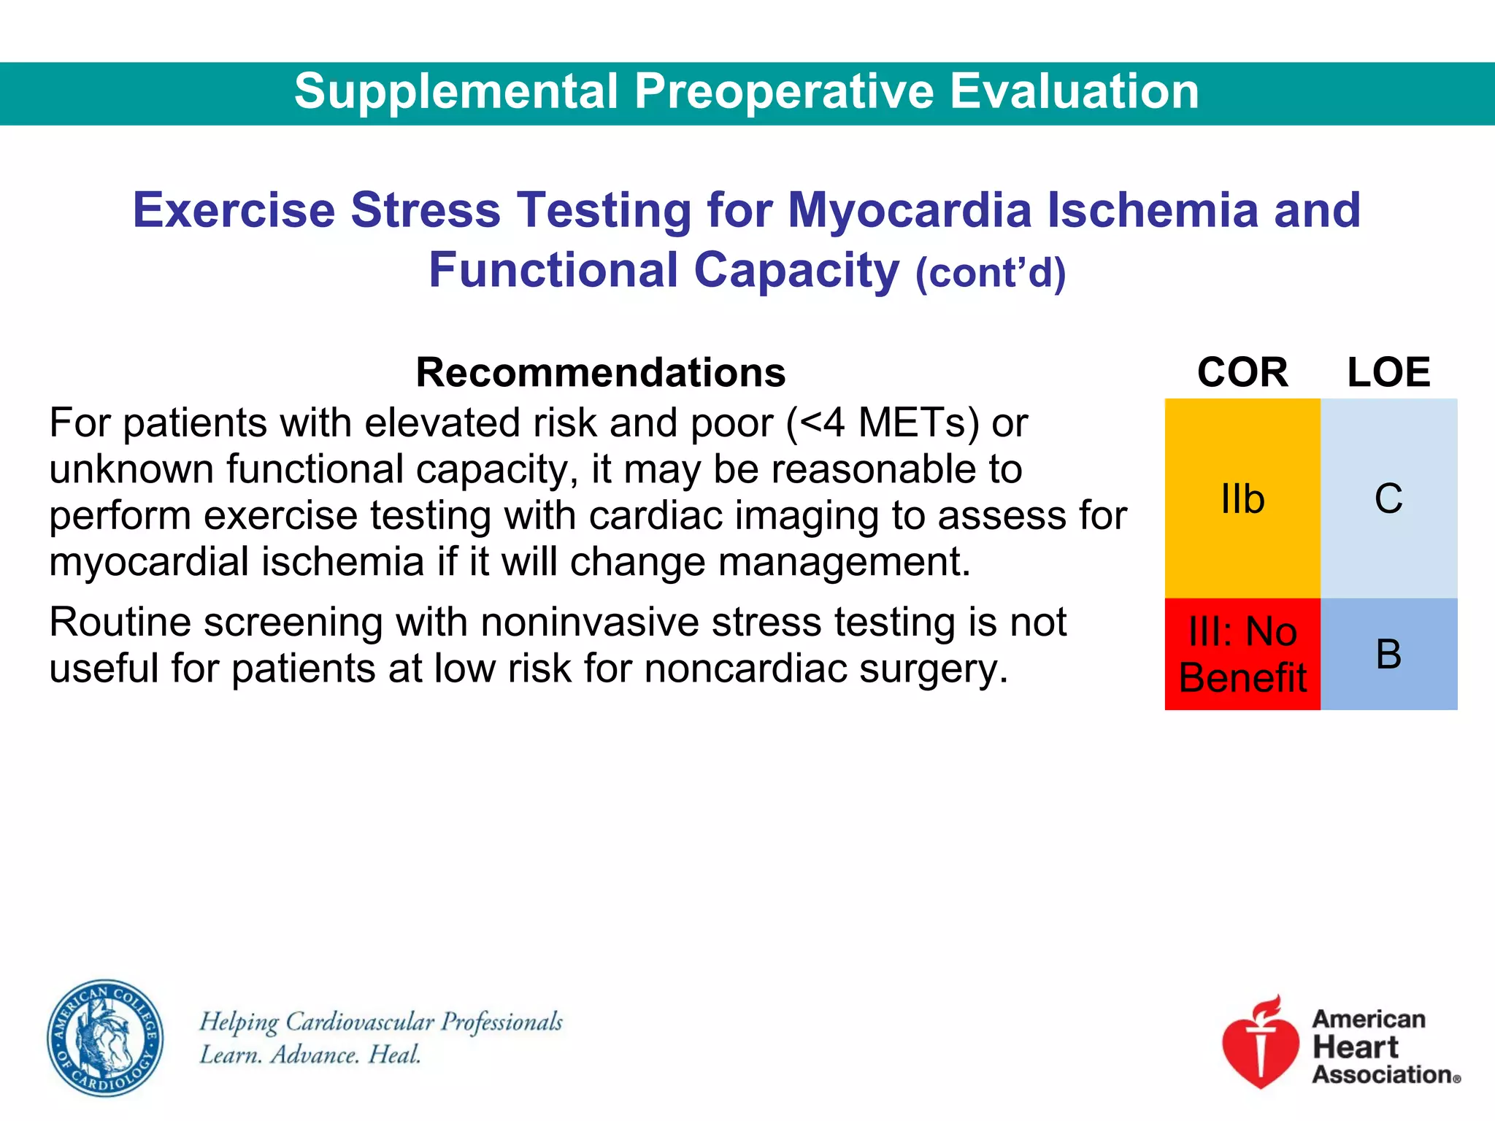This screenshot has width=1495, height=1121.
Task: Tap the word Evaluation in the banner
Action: point(1075,92)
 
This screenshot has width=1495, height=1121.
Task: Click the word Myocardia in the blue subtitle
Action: point(910,210)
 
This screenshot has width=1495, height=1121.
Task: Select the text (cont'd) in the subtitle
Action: point(991,274)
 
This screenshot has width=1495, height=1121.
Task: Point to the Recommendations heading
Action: point(600,373)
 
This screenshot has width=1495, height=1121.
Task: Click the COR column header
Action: point(1242,373)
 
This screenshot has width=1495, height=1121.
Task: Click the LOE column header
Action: point(1388,373)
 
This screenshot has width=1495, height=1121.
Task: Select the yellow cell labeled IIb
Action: point(1242,498)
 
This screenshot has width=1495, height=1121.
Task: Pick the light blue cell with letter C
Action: point(1388,498)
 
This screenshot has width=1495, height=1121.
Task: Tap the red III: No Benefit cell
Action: point(1242,654)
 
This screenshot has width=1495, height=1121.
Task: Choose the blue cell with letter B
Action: point(1388,654)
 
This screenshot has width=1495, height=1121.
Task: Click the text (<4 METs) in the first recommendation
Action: point(883,423)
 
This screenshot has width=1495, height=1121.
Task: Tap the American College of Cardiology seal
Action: point(105,1038)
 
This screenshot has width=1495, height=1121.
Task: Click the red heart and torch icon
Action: point(1261,1044)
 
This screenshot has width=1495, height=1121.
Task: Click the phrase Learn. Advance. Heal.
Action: point(310,1055)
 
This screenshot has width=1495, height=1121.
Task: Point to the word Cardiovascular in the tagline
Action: point(360,1022)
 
